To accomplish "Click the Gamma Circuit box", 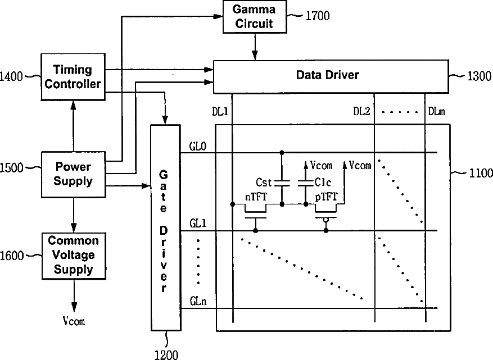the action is point(255,17).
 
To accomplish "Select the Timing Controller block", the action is point(73,77).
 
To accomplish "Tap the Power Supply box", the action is point(73,174).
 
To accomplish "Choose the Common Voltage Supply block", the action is point(74,256).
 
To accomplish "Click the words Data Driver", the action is point(327,75).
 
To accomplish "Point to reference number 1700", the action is point(318,16).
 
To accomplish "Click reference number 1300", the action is point(479,76).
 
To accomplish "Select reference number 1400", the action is point(11,76).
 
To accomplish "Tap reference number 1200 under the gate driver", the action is point(166,354).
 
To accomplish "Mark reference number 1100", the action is point(481,173).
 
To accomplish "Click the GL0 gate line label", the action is point(198,146).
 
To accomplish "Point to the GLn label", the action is point(198,301).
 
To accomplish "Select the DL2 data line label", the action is point(361,111).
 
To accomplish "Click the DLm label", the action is point(436,111).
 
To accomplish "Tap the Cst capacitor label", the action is point(264,182).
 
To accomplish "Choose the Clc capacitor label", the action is point(323,182).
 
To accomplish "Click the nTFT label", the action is point(256,197).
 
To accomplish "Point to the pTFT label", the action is point(326,197).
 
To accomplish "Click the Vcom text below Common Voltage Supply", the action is point(74,321).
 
